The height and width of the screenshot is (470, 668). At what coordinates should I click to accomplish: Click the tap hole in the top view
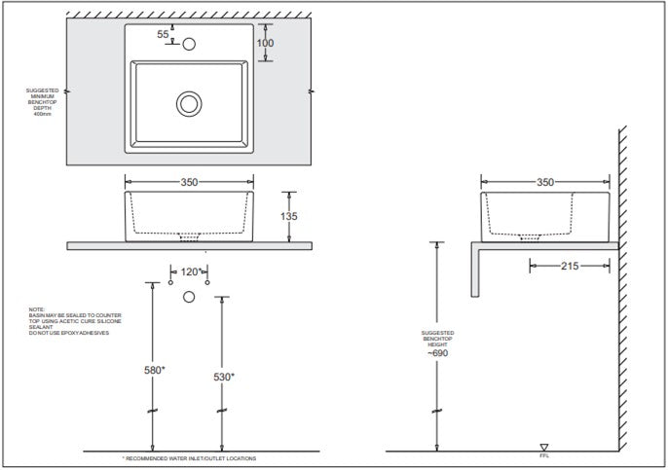190,43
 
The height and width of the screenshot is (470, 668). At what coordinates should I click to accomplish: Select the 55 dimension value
164,35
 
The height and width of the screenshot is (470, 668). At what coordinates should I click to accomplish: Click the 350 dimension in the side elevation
545,181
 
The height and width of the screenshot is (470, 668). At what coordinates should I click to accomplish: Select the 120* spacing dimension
189,271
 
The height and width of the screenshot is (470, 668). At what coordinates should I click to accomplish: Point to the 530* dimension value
223,377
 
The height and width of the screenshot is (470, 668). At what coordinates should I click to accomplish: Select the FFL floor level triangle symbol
543,447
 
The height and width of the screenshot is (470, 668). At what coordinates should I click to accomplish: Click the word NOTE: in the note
36,310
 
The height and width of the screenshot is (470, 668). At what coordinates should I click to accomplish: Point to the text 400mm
41,114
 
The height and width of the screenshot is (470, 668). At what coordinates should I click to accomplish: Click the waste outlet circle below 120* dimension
190,297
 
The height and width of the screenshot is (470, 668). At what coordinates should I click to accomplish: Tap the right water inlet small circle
207,282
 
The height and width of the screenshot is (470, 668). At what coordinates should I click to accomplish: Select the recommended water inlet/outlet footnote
189,458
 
